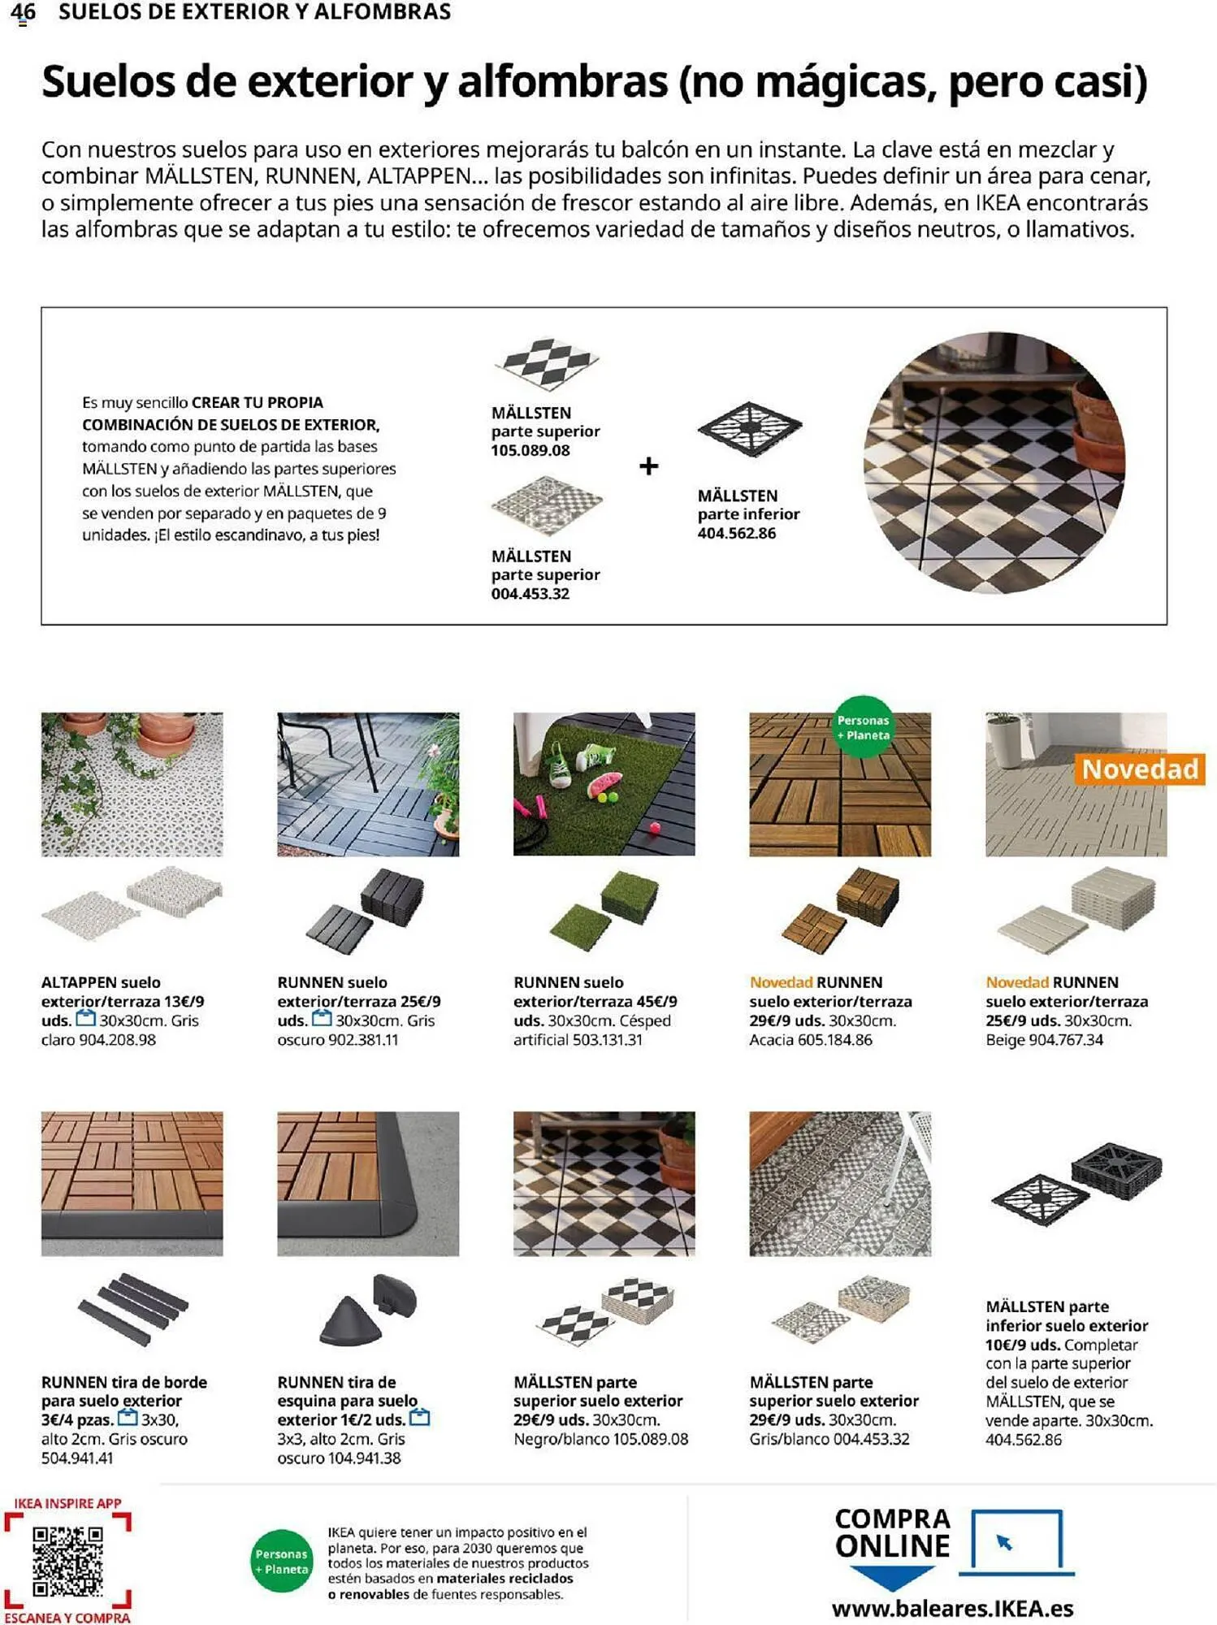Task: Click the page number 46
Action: click(x=23, y=12)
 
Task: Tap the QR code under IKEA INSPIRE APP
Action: click(x=67, y=1561)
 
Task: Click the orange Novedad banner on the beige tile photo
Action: click(x=1139, y=769)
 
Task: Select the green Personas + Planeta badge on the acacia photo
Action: click(x=863, y=727)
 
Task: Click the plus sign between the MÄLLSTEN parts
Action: click(x=648, y=466)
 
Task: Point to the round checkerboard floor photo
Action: click(x=994, y=462)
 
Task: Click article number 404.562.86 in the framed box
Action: click(x=736, y=534)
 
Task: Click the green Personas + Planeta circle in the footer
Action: click(x=281, y=1562)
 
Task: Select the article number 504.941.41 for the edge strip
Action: click(x=77, y=1458)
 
